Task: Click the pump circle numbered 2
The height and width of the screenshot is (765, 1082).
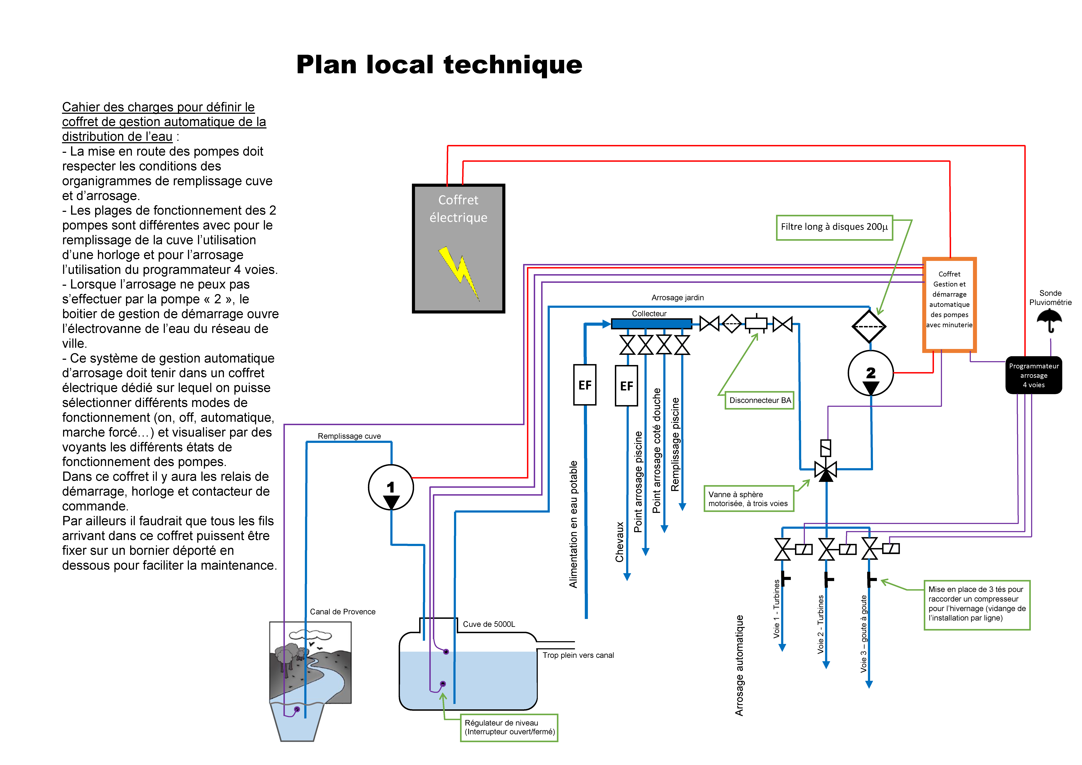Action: point(870,373)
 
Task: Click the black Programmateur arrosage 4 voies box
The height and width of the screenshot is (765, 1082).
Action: point(1033,375)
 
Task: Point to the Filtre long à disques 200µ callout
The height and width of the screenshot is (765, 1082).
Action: point(834,227)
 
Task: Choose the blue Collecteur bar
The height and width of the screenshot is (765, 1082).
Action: point(651,323)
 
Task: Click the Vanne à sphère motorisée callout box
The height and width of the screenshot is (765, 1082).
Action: point(748,499)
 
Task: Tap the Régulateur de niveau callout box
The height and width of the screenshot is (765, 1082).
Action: point(509,727)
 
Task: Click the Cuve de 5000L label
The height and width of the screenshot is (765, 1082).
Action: point(489,624)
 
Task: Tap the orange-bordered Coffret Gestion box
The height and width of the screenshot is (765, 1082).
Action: point(949,305)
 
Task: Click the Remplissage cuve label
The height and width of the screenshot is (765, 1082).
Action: point(349,436)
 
